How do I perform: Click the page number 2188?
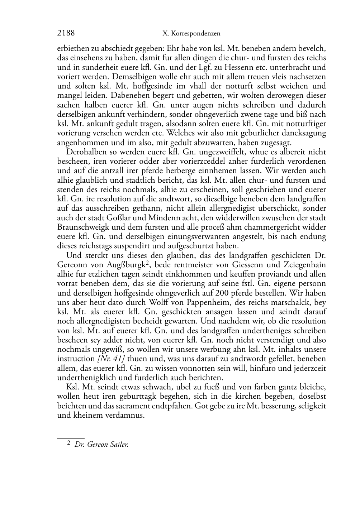click(66, 33)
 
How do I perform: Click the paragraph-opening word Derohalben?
click(85, 152)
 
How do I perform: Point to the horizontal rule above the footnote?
click(71, 438)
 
